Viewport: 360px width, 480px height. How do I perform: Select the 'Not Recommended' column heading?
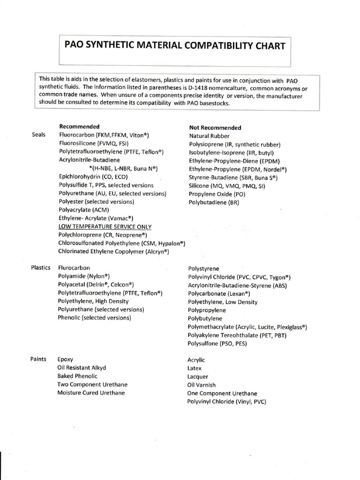click(x=215, y=127)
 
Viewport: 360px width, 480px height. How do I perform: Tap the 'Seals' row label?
click(x=39, y=135)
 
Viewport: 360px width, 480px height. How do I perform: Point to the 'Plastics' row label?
click(x=41, y=268)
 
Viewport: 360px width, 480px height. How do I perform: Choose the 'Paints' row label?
click(x=38, y=359)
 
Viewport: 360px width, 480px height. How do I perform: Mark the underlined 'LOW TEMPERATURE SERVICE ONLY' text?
click(x=105, y=226)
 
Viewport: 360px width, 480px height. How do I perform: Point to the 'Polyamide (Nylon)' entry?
click(x=87, y=276)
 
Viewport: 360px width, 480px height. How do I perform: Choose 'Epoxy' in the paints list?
click(x=65, y=360)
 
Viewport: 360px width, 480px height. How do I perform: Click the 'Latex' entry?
click(x=194, y=368)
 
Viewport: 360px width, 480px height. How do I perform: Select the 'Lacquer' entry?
click(x=197, y=377)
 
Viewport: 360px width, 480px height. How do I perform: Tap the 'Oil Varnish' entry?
click(x=201, y=385)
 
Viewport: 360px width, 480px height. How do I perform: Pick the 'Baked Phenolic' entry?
click(x=77, y=376)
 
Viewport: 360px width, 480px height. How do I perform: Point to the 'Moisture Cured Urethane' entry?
click(x=91, y=393)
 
